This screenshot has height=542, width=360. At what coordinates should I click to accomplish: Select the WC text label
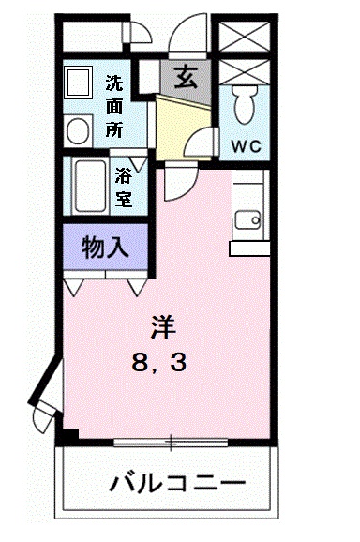247,146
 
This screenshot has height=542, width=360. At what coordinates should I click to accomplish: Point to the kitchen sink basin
247,221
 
